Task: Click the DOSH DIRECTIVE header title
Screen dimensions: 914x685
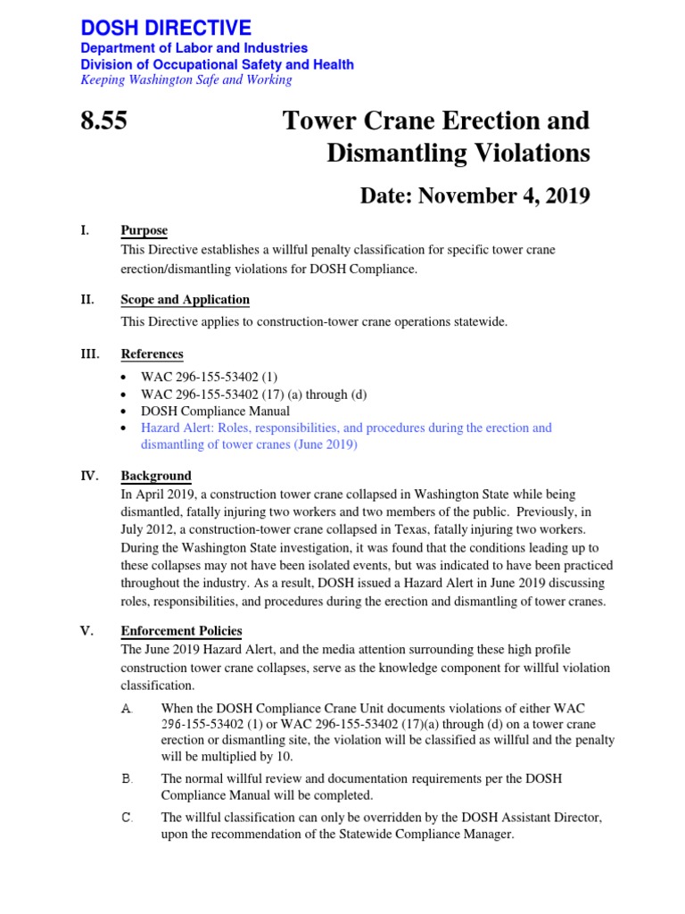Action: [166, 27]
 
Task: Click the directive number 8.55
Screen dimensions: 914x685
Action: [103, 120]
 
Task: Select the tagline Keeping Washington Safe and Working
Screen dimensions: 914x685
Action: [186, 79]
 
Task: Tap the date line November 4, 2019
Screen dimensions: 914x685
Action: [475, 195]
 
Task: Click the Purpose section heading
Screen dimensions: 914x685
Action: [144, 230]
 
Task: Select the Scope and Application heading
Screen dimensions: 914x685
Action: [185, 299]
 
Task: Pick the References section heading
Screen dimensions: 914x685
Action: [152, 353]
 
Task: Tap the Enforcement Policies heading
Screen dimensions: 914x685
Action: [181, 630]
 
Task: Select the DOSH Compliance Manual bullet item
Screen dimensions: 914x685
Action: [215, 411]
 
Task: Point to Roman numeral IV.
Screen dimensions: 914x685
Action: [89, 476]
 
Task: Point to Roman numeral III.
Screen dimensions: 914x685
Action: [89, 353]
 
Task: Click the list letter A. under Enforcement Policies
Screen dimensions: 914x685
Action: [126, 708]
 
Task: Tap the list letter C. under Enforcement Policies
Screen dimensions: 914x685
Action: [126, 817]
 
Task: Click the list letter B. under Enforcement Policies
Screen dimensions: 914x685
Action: [126, 778]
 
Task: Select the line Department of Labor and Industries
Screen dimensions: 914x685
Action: [194, 48]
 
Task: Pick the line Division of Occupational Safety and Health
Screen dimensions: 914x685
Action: [217, 64]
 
